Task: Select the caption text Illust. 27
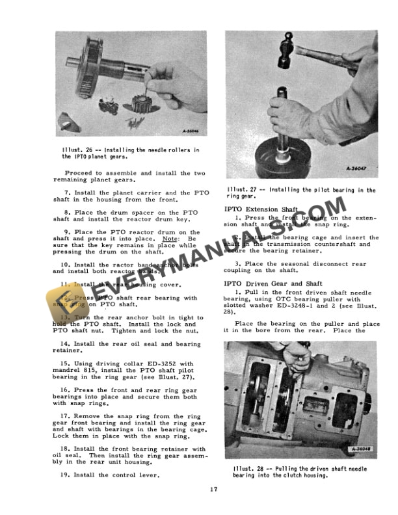point(240,190)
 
